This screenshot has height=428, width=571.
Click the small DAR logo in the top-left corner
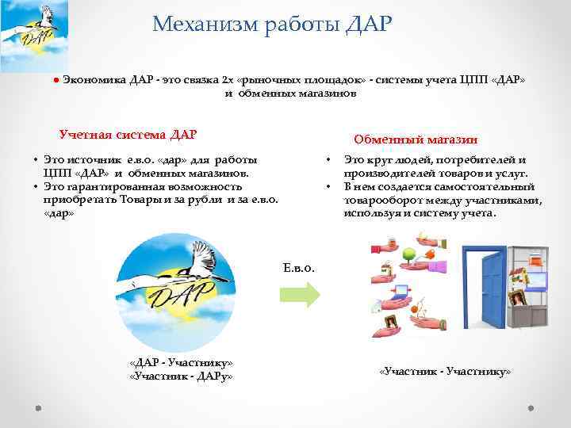[x=34, y=33]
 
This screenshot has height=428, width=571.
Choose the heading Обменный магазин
[x=416, y=139]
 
